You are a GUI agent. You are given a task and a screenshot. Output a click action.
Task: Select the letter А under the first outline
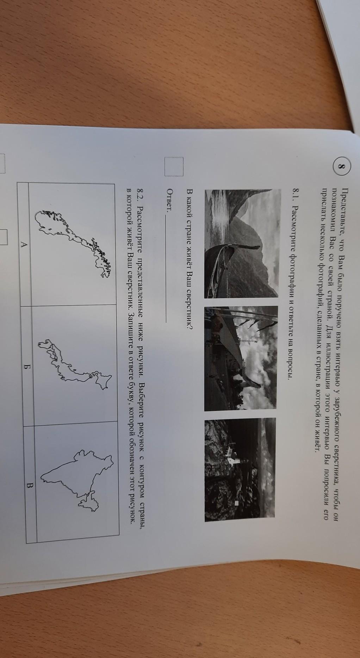[23, 244]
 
